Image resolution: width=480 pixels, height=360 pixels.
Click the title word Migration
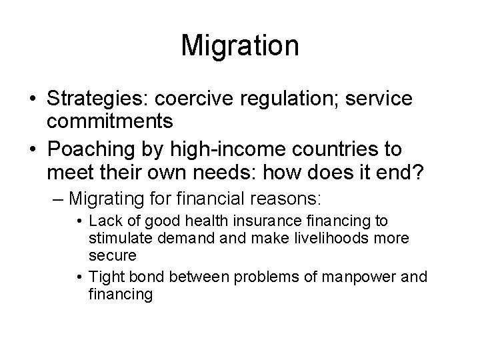[240, 46]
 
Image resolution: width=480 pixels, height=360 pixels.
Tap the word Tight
[103, 277]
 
